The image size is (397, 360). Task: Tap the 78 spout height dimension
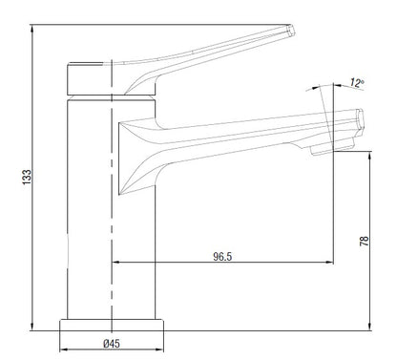pyautogui.click(x=363, y=242)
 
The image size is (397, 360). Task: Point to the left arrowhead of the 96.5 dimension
pyautogui.click(x=117, y=263)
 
